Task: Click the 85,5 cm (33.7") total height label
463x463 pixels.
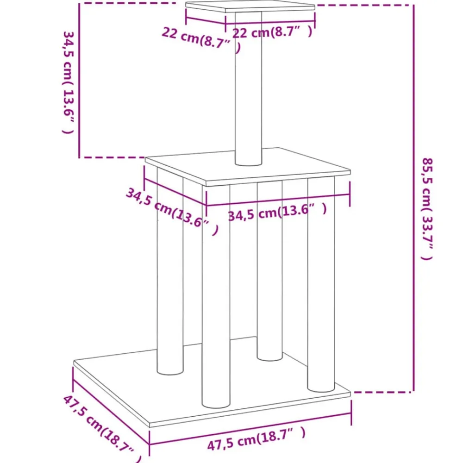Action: pos(427,209)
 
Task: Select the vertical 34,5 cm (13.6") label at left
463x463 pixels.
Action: pos(68,83)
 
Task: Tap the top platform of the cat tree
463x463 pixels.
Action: pos(250,7)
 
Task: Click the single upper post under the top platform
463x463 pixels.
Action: pos(248,88)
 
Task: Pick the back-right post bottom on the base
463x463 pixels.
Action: pos(269,356)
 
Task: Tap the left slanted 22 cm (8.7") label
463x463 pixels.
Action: pos(201,40)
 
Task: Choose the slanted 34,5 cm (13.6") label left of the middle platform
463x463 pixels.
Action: pos(172,212)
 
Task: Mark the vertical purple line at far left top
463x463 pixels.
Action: pos(79,80)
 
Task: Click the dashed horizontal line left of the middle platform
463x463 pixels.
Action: pos(113,157)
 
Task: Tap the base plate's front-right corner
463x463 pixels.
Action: pos(350,393)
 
